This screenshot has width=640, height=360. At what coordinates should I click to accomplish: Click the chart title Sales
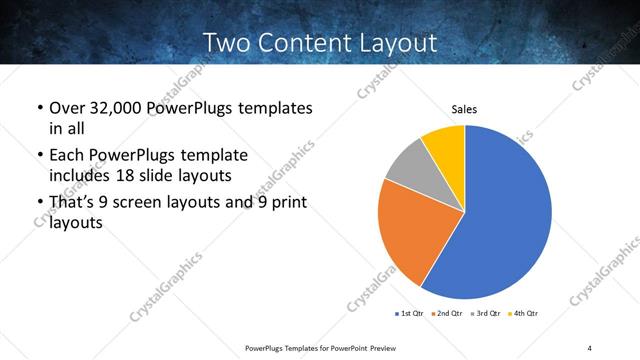pyautogui.click(x=464, y=110)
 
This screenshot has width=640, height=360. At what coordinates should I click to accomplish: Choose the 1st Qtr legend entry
pyautogui.click(x=410, y=314)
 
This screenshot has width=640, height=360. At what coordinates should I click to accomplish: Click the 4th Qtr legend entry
pyautogui.click(x=525, y=314)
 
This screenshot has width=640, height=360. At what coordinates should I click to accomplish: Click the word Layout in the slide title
pyautogui.click(x=395, y=42)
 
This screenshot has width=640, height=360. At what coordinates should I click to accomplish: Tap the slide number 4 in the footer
pyautogui.click(x=589, y=347)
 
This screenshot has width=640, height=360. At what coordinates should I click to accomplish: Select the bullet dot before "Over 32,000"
pyautogui.click(x=39, y=108)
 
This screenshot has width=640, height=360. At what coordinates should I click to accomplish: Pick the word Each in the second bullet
pyautogui.click(x=66, y=156)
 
